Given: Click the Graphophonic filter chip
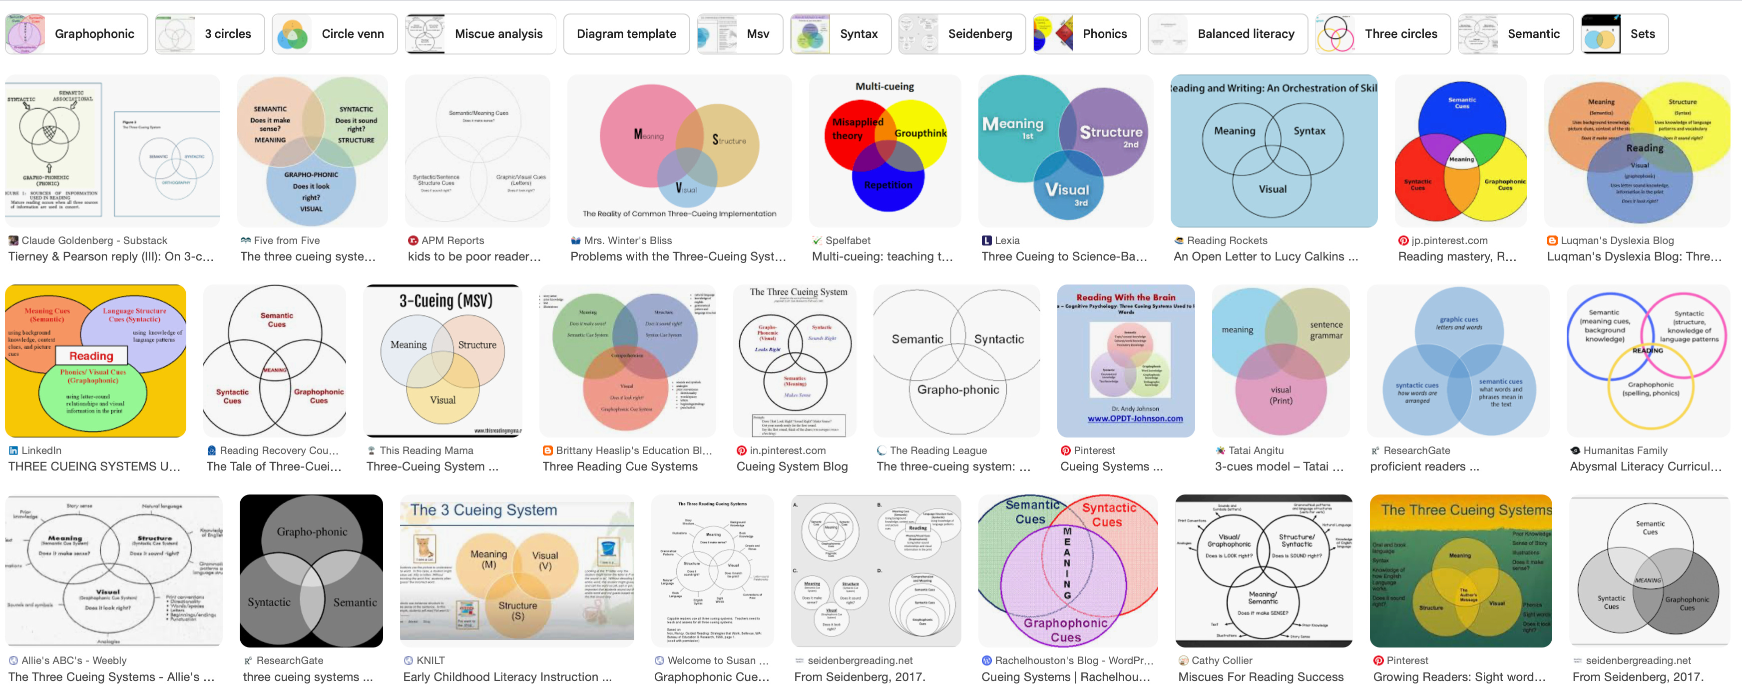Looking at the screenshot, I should (x=76, y=34).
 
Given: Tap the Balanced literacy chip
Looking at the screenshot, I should (x=1228, y=34).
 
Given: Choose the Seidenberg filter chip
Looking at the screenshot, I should (x=961, y=34).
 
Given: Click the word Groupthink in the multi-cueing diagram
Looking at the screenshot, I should (x=919, y=133).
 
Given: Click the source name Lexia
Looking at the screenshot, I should (x=1006, y=240).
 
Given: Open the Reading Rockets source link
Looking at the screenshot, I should (x=1227, y=240).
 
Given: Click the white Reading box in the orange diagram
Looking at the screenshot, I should (x=91, y=356).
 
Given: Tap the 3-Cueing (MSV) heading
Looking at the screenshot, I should (x=445, y=301).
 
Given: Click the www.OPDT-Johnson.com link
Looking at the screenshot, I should (x=1135, y=419).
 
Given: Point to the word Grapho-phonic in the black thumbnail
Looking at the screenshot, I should (x=312, y=532).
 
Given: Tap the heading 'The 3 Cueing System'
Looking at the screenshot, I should (x=483, y=510).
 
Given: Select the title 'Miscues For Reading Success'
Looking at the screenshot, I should (x=1261, y=677).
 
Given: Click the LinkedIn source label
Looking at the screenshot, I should (x=41, y=451).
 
